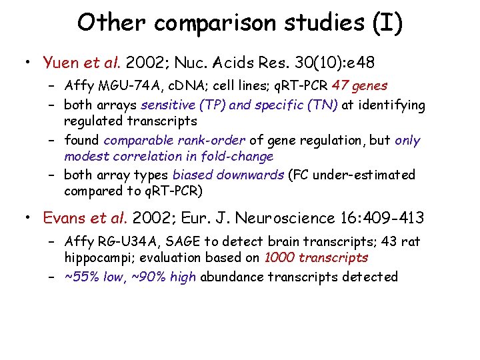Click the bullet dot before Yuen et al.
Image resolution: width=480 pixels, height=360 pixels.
pyautogui.click(x=27, y=64)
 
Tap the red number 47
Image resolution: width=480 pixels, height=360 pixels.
pyautogui.click(x=341, y=86)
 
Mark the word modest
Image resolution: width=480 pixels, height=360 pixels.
pyautogui.click(x=86, y=157)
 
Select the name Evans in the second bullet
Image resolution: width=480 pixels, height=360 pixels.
pyautogui.click(x=63, y=218)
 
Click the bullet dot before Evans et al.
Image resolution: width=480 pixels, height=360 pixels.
pyautogui.click(x=27, y=219)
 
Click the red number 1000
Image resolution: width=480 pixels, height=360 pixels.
pyautogui.click(x=280, y=258)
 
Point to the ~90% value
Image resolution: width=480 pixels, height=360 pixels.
pyautogui.click(x=149, y=277)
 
